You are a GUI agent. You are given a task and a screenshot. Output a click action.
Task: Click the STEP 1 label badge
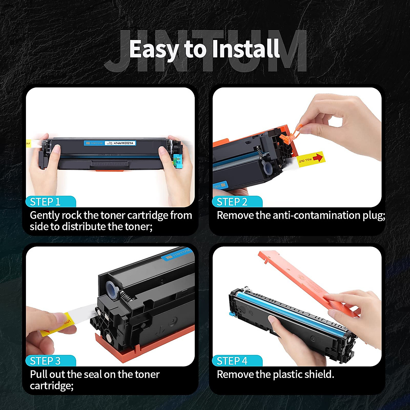point(45,202)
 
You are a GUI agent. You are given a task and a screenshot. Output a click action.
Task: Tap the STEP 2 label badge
point(232,202)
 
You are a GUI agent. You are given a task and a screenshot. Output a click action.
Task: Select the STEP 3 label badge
point(45,361)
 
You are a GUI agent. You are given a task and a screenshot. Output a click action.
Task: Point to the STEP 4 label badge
point(232,361)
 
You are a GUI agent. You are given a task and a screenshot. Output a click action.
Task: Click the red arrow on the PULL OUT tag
point(317,157)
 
